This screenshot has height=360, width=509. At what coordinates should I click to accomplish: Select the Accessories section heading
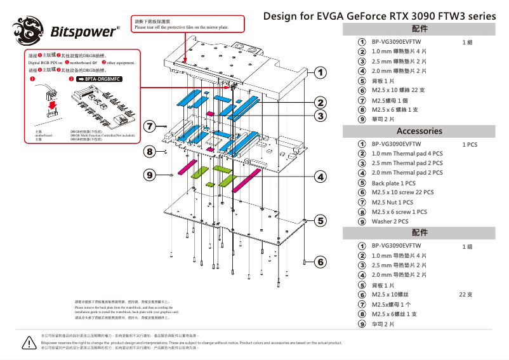coord(419,131)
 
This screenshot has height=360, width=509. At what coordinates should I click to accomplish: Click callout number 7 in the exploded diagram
coord(150,126)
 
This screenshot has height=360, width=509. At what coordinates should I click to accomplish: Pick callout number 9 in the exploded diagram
coord(150,174)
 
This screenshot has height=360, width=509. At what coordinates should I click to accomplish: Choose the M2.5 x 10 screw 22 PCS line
coord(402,192)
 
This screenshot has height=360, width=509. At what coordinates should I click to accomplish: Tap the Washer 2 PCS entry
coord(390,222)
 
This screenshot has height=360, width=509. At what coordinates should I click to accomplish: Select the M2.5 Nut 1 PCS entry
coord(392,202)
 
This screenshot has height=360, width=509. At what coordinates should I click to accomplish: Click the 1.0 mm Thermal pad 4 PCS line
coord(407,154)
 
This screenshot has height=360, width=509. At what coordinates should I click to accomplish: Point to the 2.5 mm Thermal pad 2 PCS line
coord(407,163)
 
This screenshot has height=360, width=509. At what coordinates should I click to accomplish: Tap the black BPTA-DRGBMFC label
coord(98,79)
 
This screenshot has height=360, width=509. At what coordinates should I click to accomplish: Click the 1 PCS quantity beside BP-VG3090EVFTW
coord(470,144)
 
